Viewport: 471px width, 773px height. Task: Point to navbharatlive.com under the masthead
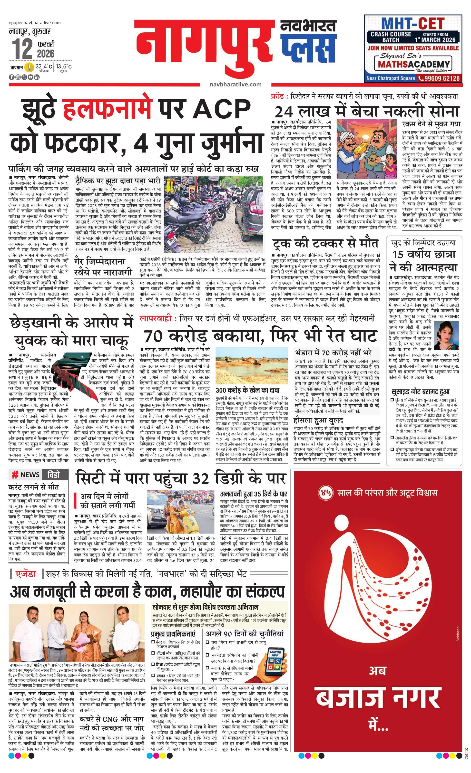point(235,84)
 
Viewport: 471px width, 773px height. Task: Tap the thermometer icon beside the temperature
point(29,67)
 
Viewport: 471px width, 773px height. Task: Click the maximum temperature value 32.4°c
point(44,67)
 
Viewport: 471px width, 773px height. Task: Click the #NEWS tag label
point(26,474)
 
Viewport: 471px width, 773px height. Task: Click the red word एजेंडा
point(26,574)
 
